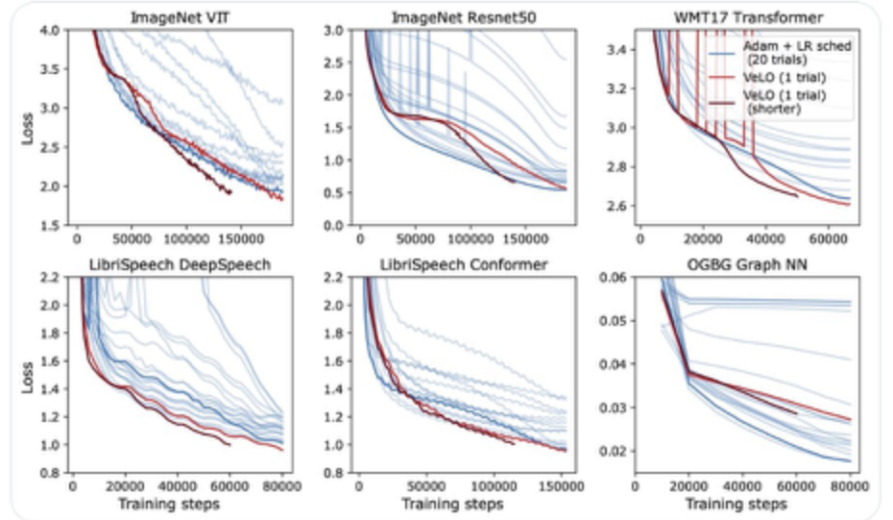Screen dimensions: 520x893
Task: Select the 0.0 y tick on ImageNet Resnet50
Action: point(339,226)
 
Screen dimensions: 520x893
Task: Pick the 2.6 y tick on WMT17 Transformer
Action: point(628,207)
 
